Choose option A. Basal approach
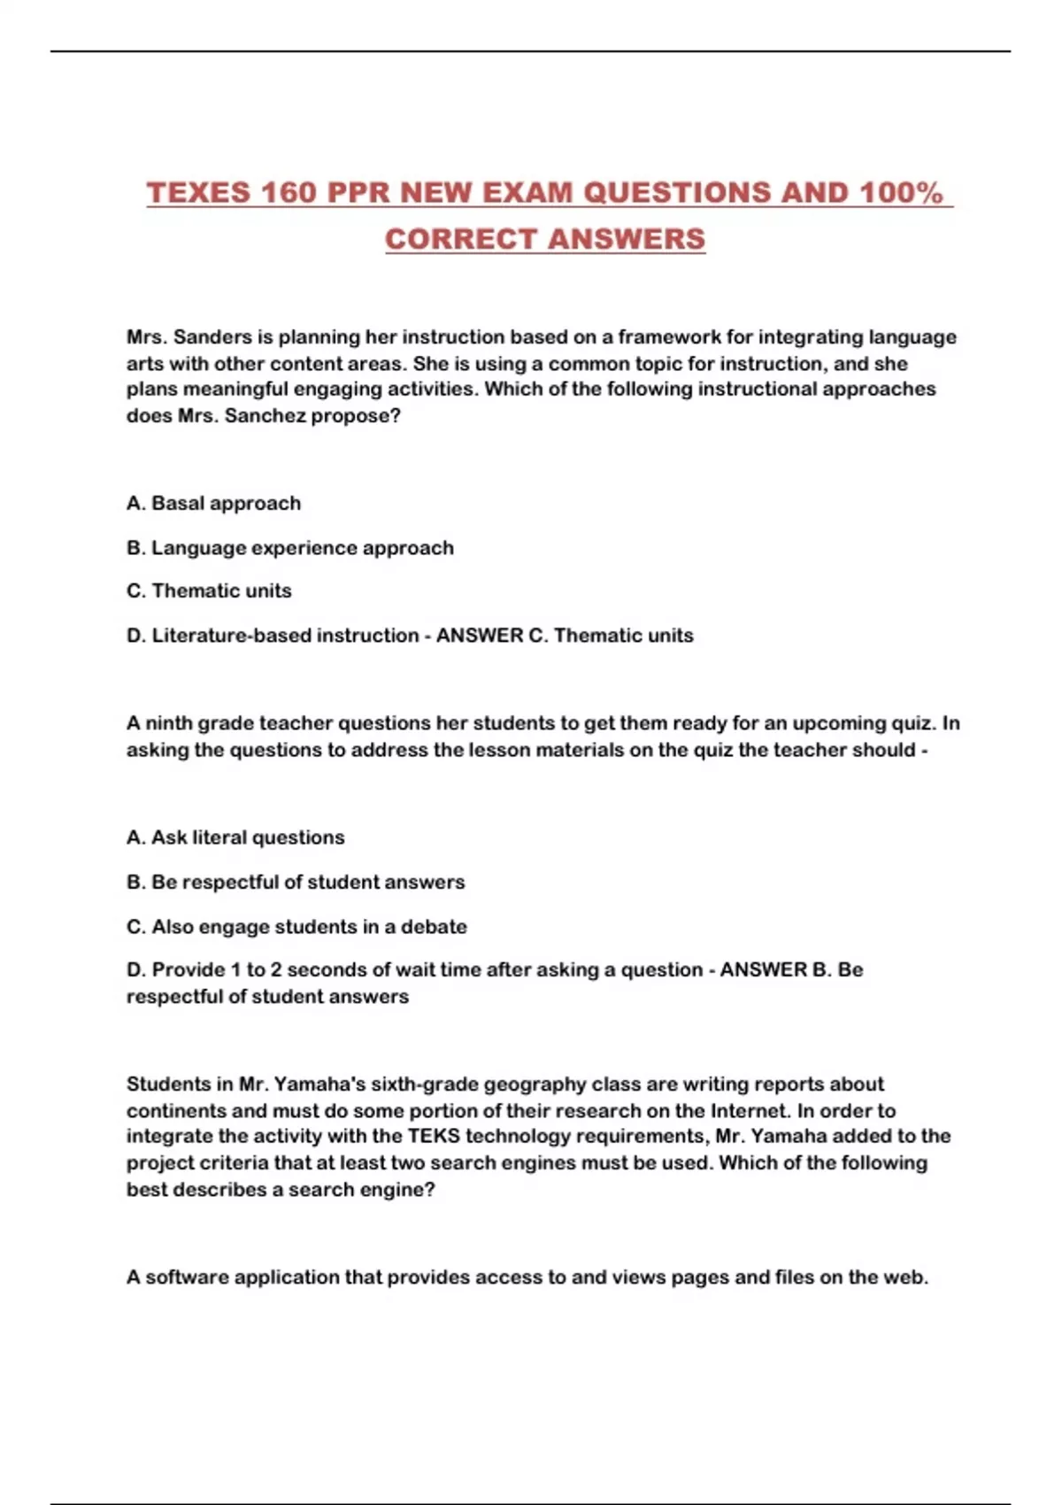point(213,504)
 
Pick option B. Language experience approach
point(289,548)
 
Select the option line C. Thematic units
point(209,591)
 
